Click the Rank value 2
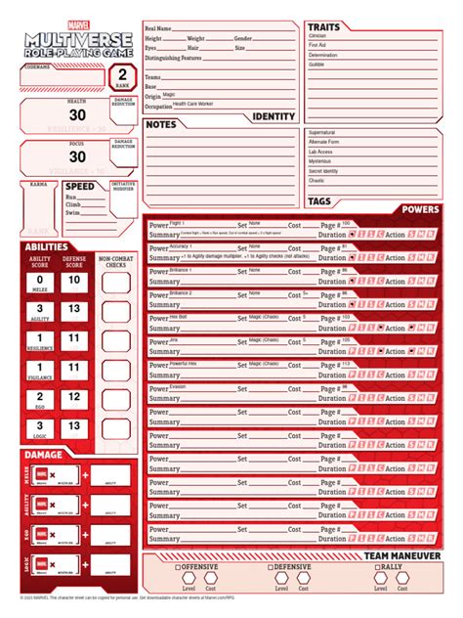(x=121, y=74)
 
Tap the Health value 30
(x=77, y=114)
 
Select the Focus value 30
(x=77, y=156)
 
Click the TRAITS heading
(x=324, y=27)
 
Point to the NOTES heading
(x=161, y=125)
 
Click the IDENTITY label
(x=273, y=116)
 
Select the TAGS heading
(x=319, y=201)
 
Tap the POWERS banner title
(x=420, y=209)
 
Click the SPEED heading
(x=80, y=186)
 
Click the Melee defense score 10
(x=73, y=282)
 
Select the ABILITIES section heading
(x=47, y=246)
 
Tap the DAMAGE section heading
(x=44, y=455)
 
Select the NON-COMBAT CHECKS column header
(x=116, y=261)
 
